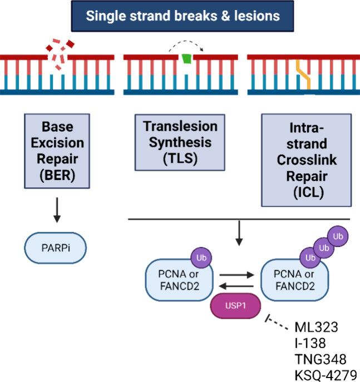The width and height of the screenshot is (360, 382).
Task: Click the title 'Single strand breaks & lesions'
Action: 183,16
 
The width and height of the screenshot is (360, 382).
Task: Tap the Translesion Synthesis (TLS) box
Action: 180,142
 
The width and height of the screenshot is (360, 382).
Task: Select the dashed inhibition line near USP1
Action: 279,321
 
